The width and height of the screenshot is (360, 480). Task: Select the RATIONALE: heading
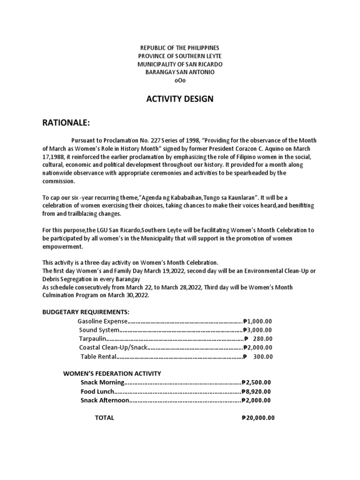pyautogui.click(x=65, y=123)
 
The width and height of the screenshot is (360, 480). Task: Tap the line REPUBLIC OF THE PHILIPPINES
pyautogui.click(x=180, y=48)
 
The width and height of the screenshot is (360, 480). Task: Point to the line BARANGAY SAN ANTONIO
pyautogui.click(x=180, y=72)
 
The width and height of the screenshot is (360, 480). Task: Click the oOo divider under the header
pyautogui.click(x=180, y=80)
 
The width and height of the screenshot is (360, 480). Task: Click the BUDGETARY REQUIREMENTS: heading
pyautogui.click(x=86, y=312)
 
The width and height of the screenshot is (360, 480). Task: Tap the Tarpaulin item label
pyautogui.click(x=92, y=339)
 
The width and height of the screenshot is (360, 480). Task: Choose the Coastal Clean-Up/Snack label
pyautogui.click(x=113, y=347)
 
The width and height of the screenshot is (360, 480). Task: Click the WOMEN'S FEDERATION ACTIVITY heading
pyautogui.click(x=112, y=374)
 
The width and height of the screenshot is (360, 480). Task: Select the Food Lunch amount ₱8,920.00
pyautogui.click(x=256, y=391)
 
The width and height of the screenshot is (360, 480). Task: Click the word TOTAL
pyautogui.click(x=105, y=418)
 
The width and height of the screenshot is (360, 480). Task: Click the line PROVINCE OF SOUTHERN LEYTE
pyautogui.click(x=180, y=56)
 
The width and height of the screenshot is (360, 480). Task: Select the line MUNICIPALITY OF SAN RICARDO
pyautogui.click(x=180, y=64)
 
